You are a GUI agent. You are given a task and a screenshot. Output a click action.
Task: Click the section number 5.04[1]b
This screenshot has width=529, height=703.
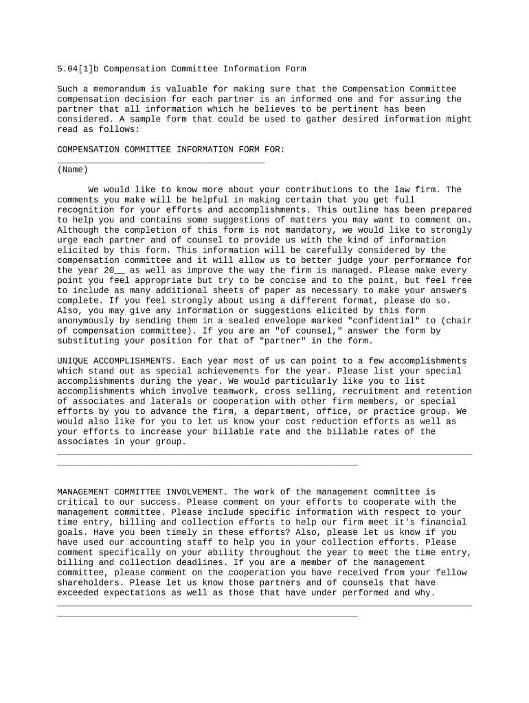click(x=77, y=69)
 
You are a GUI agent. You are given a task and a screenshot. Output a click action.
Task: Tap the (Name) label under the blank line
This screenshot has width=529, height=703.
click(x=72, y=170)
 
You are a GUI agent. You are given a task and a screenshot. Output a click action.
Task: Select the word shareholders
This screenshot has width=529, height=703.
click(x=88, y=583)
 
